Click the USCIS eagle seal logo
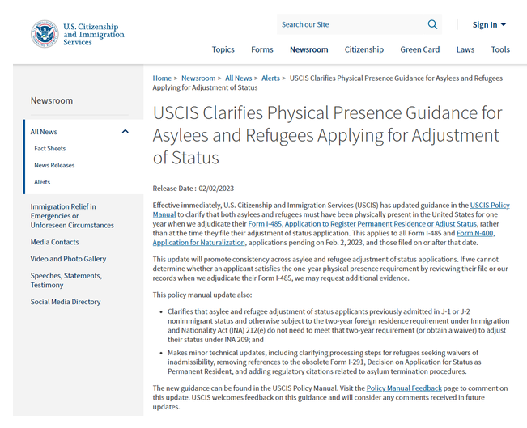point(45,33)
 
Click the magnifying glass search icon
point(432,24)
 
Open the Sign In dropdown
point(489,25)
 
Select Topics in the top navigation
point(223,49)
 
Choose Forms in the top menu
point(261,49)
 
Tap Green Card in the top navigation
point(419,49)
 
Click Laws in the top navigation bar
point(465,49)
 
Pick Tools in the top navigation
point(500,49)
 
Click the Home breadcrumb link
point(162,78)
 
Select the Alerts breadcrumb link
point(270,78)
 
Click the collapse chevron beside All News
point(125,131)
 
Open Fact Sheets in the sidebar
point(50,149)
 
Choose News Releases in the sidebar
point(54,166)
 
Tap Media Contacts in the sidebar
point(55,242)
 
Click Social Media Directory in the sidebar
point(66,302)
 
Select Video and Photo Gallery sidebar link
point(68,259)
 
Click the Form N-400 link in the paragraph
point(475,233)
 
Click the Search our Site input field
point(348,24)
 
